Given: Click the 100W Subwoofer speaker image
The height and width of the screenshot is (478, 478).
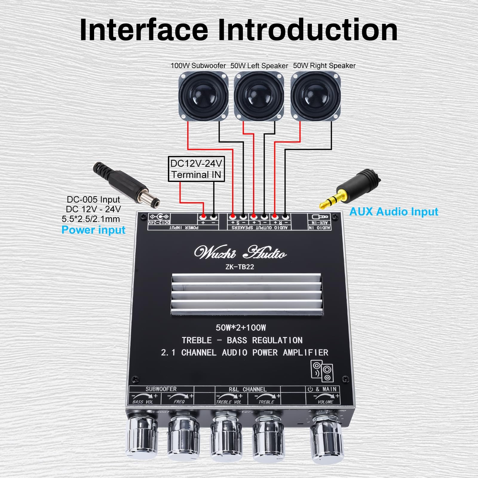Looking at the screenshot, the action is point(203,96).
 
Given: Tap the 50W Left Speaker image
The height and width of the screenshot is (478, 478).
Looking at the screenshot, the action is point(259,96).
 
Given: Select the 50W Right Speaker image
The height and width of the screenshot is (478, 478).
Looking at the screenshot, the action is point(315,96).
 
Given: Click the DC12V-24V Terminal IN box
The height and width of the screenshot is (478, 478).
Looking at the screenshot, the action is point(196,169).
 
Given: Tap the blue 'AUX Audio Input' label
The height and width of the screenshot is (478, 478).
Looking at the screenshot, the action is point(393,212).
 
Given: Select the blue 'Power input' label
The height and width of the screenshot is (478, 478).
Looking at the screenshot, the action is point(93,230).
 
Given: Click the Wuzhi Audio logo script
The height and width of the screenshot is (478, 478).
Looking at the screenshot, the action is point(240,253).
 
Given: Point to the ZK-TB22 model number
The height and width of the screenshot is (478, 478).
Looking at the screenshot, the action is point(240,267).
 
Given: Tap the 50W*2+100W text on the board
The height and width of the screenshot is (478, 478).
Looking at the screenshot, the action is point(241,328).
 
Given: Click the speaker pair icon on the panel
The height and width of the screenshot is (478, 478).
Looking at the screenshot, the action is point(322,371).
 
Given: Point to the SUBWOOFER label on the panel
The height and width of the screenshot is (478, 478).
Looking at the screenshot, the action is point(161,389).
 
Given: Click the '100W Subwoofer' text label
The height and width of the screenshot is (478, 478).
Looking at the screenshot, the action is point(198,66).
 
